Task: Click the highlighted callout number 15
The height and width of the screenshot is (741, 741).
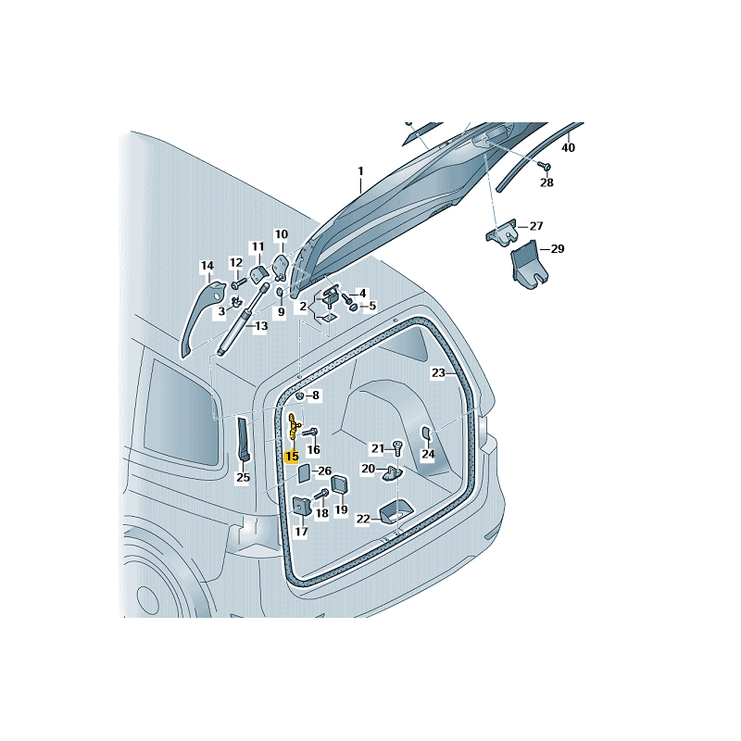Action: (292, 456)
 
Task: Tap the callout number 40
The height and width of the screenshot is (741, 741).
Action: (568, 148)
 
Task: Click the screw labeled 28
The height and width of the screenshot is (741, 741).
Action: (545, 166)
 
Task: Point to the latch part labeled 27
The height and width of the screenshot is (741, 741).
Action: (502, 232)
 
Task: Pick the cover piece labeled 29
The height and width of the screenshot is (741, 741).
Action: (528, 264)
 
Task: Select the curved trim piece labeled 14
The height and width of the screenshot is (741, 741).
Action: (201, 318)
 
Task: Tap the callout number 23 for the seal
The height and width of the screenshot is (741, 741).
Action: (438, 373)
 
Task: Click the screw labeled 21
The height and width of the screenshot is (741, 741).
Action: (397, 446)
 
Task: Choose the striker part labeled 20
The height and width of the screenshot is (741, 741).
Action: (393, 472)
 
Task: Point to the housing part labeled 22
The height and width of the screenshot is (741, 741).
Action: (396, 512)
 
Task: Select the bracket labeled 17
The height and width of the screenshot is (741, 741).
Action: (300, 506)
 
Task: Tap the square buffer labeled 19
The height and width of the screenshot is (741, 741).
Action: (340, 484)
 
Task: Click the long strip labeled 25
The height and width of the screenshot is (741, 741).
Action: (244, 439)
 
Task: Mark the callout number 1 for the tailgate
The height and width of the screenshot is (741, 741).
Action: (361, 171)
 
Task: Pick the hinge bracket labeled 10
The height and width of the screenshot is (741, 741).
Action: (282, 267)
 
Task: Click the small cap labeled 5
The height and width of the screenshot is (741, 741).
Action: (354, 308)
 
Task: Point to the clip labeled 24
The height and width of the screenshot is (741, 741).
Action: (426, 433)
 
